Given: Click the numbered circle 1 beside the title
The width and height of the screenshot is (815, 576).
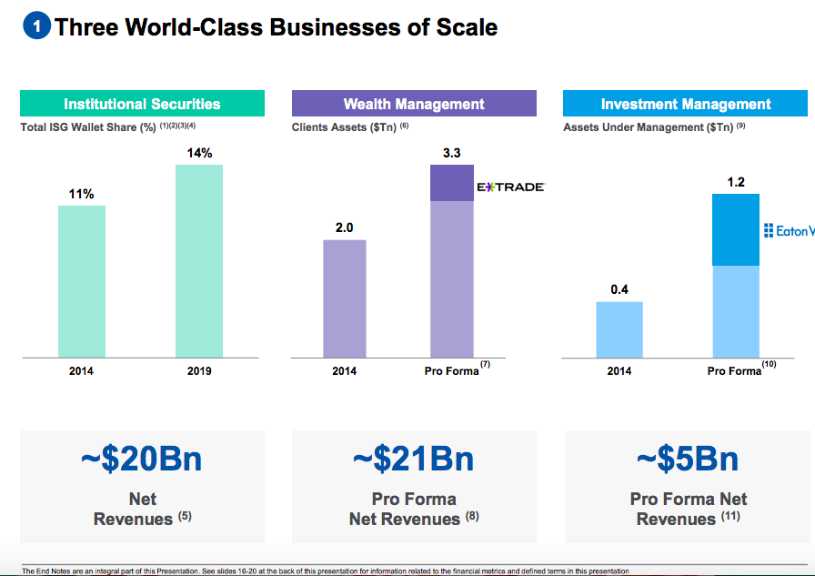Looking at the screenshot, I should (37, 27).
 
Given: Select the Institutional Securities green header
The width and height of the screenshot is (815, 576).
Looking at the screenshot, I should (142, 104).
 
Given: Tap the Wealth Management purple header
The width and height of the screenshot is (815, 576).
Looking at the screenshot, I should (414, 104).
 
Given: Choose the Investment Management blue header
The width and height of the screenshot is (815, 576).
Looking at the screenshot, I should (686, 104).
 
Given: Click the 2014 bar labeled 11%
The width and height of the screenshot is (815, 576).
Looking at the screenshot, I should (82, 281).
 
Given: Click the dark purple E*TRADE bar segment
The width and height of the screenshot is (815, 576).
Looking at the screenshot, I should (452, 183).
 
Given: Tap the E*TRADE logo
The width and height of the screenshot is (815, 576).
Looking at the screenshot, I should (510, 187).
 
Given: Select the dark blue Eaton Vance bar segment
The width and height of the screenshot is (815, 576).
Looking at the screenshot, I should (736, 229).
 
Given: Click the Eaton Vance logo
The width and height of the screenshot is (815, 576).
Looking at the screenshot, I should (789, 231).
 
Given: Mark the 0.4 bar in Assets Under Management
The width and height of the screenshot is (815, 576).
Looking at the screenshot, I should (619, 329).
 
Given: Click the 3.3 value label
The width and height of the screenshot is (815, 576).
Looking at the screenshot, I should (452, 155).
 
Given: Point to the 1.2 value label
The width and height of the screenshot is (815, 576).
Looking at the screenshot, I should (736, 183).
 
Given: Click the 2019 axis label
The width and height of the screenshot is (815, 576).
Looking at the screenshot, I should (199, 371).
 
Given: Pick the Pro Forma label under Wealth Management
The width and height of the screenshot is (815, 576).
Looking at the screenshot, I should (452, 371).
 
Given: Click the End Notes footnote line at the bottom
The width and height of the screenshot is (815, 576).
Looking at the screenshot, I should (326, 571).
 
